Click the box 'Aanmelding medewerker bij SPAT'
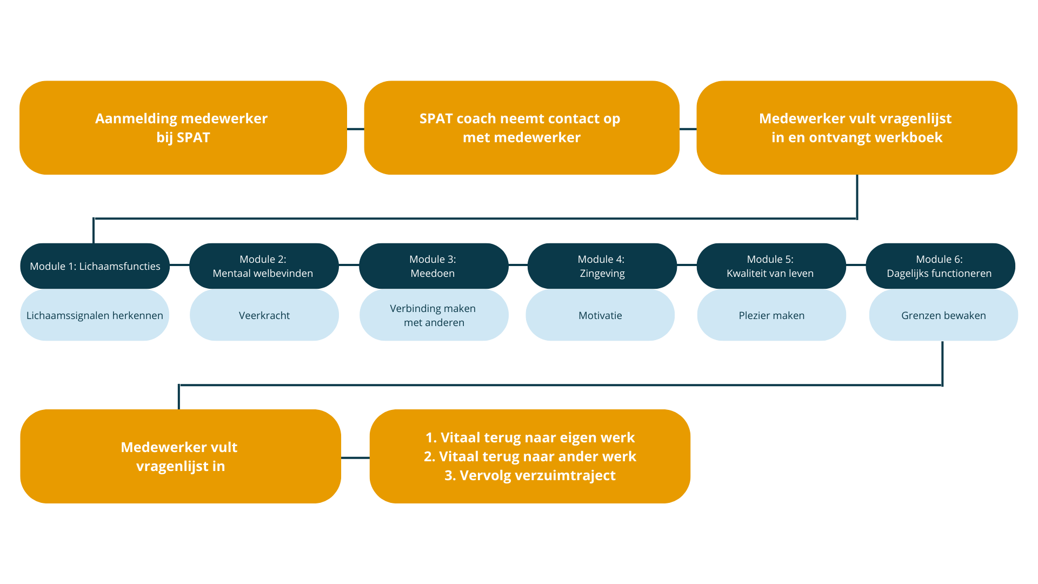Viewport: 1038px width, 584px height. click(x=183, y=128)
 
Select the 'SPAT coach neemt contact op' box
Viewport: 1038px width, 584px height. click(x=522, y=128)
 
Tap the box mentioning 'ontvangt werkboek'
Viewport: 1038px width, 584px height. click(x=857, y=128)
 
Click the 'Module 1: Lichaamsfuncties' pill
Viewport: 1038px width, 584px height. click(x=95, y=266)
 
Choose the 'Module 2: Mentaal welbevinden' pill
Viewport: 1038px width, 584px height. click(x=264, y=266)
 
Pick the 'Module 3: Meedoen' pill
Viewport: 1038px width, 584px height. click(x=434, y=266)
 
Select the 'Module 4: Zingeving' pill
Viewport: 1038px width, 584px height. click(x=602, y=266)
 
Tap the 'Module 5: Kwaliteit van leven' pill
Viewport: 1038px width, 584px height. click(x=771, y=266)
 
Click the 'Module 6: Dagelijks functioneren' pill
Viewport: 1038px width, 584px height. click(x=941, y=266)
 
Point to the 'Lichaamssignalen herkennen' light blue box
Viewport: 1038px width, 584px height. click(x=95, y=315)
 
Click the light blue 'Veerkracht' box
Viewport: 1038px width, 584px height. click(x=264, y=315)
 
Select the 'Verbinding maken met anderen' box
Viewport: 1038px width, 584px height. click(x=434, y=315)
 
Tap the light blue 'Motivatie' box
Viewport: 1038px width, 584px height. click(x=600, y=315)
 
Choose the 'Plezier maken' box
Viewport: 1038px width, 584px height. click(x=771, y=315)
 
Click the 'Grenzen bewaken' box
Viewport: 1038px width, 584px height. click(x=943, y=315)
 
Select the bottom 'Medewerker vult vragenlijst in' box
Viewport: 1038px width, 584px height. click(x=181, y=456)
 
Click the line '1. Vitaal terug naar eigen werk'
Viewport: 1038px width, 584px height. click(x=530, y=437)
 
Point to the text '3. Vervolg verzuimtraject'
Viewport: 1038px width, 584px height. click(x=530, y=475)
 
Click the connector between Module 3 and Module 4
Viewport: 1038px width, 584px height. click(x=518, y=265)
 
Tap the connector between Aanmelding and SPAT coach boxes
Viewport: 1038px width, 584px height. click(x=356, y=129)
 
